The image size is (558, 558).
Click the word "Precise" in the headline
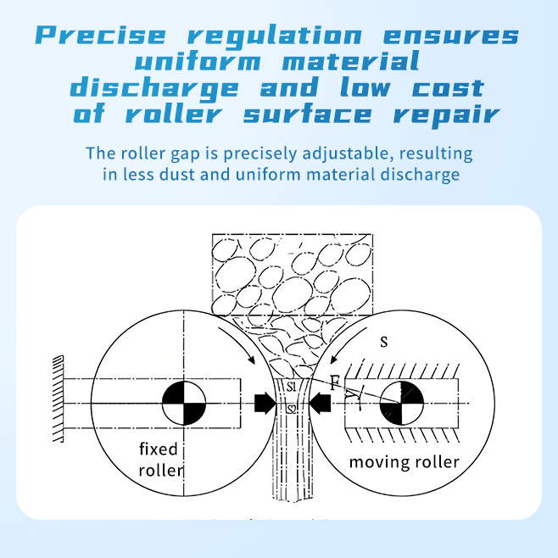coord(103,36)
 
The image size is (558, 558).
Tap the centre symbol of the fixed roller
coord(183,402)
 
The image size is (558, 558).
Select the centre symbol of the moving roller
coord(399,402)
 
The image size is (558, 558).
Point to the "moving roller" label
coord(405,462)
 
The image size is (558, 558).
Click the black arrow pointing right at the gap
coord(264,403)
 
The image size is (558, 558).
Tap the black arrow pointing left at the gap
coord(321,403)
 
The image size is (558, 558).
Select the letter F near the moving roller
coord(336,382)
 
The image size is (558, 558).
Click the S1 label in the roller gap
coord(291,387)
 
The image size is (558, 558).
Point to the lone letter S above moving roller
coord(384,342)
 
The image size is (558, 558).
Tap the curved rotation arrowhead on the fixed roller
coord(249,360)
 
